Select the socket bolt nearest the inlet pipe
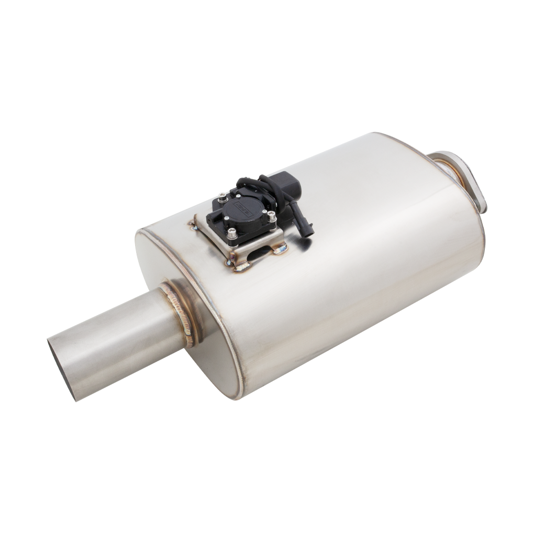(x=232, y=240)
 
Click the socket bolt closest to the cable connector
(x=271, y=215)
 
